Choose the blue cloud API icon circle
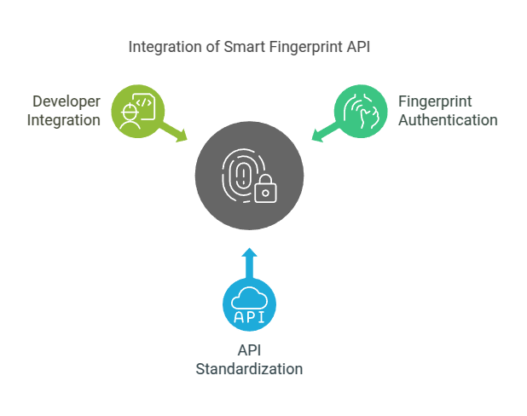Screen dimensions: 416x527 pos(249,305)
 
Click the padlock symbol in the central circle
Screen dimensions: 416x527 pos(267,188)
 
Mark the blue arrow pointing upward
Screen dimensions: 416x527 pos(249,262)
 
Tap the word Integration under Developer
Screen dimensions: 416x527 pos(64,120)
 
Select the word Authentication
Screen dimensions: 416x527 pos(448,120)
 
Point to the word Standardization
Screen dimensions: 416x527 pos(249,369)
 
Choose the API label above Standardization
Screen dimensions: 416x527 pos(249,351)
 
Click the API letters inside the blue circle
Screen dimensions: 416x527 pos(249,316)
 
